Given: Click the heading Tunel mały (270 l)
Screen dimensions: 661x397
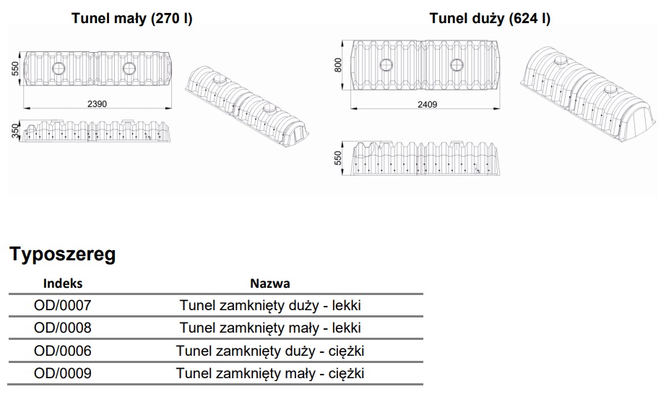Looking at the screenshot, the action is [132, 19].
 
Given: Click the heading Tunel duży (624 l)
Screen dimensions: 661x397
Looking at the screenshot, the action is [490, 19].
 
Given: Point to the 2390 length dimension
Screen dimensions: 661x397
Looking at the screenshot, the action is [97, 104].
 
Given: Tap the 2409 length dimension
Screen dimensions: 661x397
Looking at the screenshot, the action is [427, 104].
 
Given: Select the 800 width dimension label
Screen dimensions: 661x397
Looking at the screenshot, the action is [337, 65].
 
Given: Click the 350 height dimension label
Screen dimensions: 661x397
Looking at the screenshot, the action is [15, 131].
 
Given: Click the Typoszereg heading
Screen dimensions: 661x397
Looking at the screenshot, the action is [62, 254].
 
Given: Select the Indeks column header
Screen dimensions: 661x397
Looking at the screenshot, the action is [63, 283].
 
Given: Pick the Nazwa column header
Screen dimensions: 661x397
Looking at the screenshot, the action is [270, 283].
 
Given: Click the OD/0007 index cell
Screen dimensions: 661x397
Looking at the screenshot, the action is [63, 305].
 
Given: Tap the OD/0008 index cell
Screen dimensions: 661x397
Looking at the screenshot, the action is [63, 328].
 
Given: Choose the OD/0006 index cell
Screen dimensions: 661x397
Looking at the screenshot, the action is [63, 351].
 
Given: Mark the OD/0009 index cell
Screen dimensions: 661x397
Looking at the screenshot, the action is [63, 373].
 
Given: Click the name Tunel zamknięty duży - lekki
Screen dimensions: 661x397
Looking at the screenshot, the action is [270, 305].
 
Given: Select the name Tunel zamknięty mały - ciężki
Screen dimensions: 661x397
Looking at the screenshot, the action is [270, 374].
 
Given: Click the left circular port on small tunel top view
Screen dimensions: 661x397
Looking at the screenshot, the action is [59, 69].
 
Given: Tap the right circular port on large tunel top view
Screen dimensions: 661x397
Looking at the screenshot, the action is [457, 65].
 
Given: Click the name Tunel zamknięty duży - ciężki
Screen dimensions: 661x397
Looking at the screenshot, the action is [270, 351].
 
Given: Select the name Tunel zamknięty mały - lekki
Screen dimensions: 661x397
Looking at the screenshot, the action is [270, 328].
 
